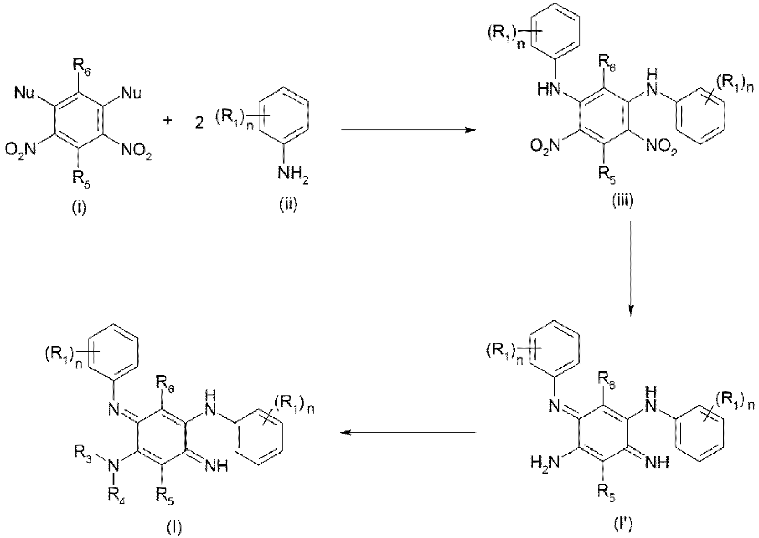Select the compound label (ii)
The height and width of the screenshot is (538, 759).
pos(289,205)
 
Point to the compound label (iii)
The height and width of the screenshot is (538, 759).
pos(622,201)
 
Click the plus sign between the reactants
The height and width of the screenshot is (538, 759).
pos(167,121)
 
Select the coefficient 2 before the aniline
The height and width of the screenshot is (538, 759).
pos(199,123)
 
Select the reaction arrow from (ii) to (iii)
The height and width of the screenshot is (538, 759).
pos(408,130)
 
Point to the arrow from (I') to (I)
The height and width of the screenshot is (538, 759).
pos(408,432)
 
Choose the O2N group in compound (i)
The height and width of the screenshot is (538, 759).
pos(21,150)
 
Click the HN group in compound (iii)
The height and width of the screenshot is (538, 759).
pos(548,89)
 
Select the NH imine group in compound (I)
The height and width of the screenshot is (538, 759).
pos(217,466)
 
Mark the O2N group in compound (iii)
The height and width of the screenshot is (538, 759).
pos(545,146)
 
